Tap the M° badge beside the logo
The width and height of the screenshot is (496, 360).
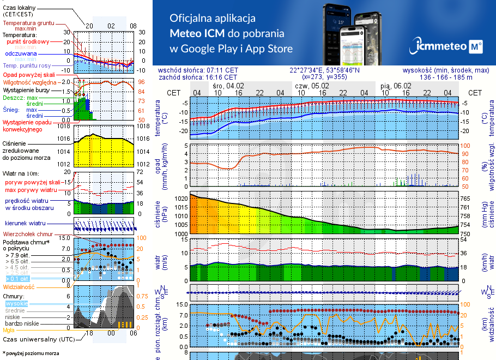(475, 47)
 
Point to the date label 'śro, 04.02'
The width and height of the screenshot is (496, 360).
(228, 86)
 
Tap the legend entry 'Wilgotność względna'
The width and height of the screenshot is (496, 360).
(31, 82)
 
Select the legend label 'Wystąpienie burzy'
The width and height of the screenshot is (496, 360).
(26, 89)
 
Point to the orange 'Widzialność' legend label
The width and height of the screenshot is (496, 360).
(19, 286)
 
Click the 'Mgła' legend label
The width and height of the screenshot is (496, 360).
(9, 330)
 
